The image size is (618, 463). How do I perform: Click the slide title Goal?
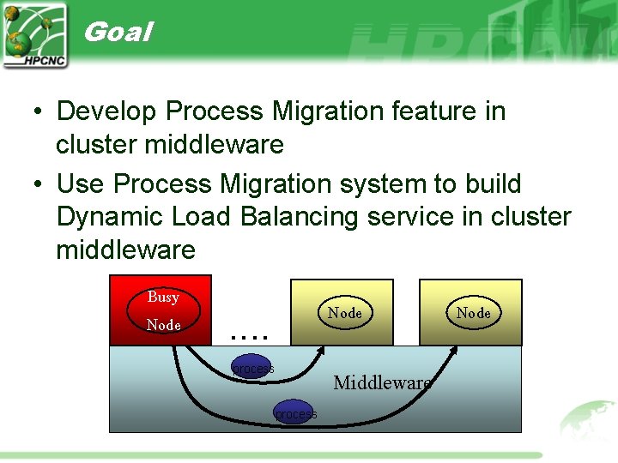pyautogui.click(x=118, y=33)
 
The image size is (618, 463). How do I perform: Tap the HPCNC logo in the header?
pyautogui.click(x=35, y=35)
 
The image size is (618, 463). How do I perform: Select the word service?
pyautogui.click(x=410, y=217)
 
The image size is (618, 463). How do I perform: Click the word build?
pyautogui.click(x=490, y=184)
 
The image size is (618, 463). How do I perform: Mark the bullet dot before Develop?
pyautogui.click(x=39, y=112)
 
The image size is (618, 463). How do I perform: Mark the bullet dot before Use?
pyautogui.click(x=39, y=185)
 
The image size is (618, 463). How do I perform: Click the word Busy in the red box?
pyautogui.click(x=162, y=297)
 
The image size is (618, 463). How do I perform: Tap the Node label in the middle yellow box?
pyautogui.click(x=344, y=313)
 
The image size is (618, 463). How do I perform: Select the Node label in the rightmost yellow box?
pyautogui.click(x=473, y=313)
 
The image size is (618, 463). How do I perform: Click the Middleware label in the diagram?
pyautogui.click(x=382, y=382)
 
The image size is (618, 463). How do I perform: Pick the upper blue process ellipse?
pyautogui.click(x=253, y=369)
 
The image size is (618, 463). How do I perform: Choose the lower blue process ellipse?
pyautogui.click(x=295, y=414)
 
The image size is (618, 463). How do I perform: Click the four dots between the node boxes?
pyautogui.click(x=251, y=336)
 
